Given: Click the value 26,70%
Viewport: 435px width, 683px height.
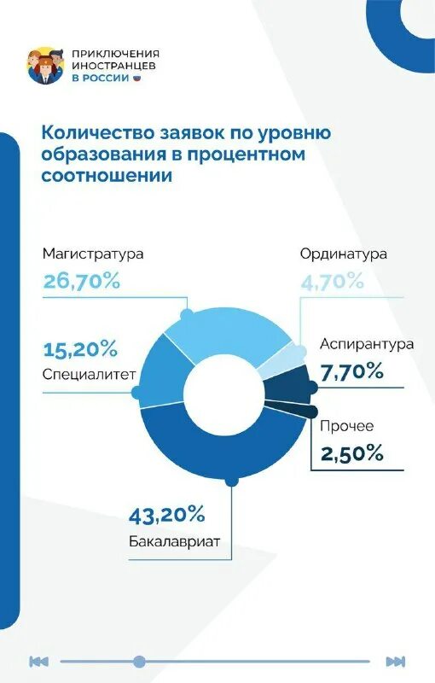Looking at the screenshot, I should (81, 282).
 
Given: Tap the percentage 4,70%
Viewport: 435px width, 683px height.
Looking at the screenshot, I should (332, 280).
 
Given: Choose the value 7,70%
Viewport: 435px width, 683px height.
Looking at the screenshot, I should (352, 371).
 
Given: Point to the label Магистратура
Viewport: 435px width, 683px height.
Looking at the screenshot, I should (93, 254).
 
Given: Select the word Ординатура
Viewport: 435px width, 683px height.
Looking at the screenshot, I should (344, 254).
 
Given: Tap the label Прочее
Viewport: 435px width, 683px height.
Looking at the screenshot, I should (347, 426).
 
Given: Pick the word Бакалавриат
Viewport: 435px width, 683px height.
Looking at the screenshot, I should (175, 541).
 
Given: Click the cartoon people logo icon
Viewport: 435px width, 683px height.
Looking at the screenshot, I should (46, 66).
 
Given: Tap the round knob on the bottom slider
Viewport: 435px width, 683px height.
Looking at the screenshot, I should (139, 661).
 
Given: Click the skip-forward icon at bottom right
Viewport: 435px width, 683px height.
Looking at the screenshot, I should (394, 661).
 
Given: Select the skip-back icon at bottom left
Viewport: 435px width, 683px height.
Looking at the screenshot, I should (38, 661).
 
